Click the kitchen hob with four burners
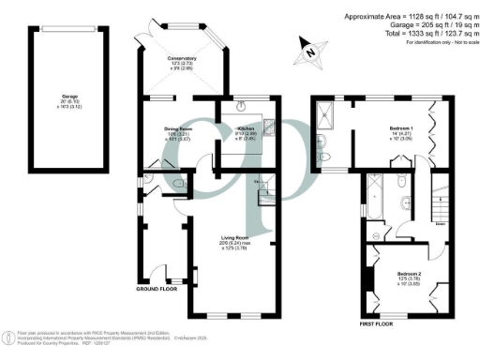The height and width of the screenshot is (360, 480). tap(267, 127)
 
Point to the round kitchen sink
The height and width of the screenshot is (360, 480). tap(241, 104)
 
